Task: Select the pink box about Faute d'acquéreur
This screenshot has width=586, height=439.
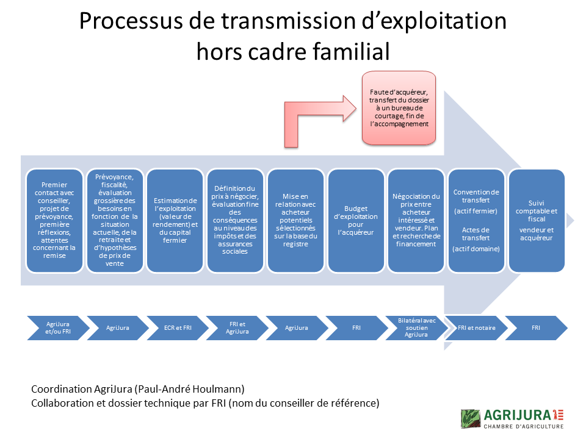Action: pos(399,108)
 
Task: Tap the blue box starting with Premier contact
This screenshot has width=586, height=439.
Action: pos(54,220)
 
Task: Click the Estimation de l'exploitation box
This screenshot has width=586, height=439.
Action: pos(175,220)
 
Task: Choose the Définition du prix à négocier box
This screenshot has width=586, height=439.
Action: pos(235,220)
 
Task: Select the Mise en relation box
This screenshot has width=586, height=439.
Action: pos(295,220)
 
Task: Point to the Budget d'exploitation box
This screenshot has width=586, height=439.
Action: pos(356,220)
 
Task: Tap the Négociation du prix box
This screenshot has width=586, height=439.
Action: pos(416,220)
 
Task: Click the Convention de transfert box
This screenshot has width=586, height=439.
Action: pos(476,220)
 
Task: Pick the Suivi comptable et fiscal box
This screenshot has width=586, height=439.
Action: pos(536,220)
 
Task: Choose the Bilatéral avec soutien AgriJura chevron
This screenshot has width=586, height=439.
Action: pos(416,327)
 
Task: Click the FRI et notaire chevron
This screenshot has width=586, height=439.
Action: pos(476,327)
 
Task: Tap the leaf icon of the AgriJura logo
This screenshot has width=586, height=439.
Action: pos(471,418)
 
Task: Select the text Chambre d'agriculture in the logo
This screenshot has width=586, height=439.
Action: pos(524,426)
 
